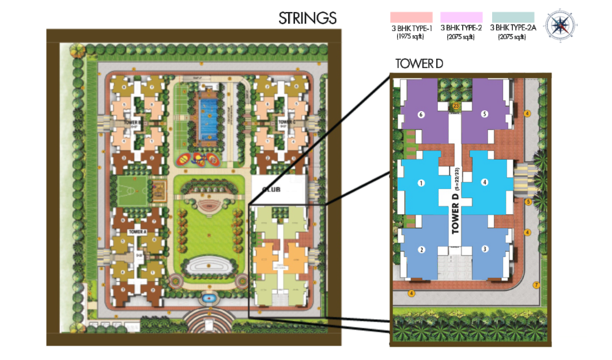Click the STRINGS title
(307, 18)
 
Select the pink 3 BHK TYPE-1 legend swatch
(411, 17)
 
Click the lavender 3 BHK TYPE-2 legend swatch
(461, 17)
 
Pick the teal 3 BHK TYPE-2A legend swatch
(513, 17)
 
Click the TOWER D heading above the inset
(419, 63)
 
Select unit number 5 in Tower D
(485, 114)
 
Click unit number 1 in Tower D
(421, 183)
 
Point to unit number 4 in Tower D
(485, 183)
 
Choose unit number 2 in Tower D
(422, 249)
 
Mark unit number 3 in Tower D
(485, 249)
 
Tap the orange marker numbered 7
(535, 285)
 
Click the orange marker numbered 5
(528, 202)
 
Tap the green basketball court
(133, 189)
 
